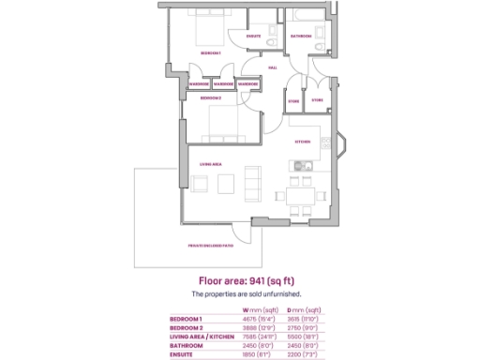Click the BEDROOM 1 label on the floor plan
point(210,53)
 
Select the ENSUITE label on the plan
point(253,37)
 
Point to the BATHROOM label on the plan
point(300,37)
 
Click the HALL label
point(273,67)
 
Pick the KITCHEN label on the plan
point(303,142)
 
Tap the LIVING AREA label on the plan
point(210,164)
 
